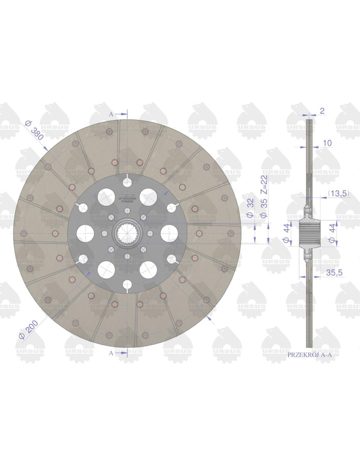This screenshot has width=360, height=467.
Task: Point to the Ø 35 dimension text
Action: [x=264, y=208]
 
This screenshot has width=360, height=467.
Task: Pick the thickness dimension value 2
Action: [x=322, y=111]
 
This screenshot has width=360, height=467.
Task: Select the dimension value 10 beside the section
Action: [x=327, y=143]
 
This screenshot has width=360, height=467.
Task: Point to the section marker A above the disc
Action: [x=111, y=113]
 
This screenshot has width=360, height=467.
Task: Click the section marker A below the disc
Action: [x=111, y=354]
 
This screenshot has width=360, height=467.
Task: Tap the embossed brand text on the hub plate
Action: [x=127, y=196]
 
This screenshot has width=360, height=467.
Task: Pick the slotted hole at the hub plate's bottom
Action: [x=127, y=285]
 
